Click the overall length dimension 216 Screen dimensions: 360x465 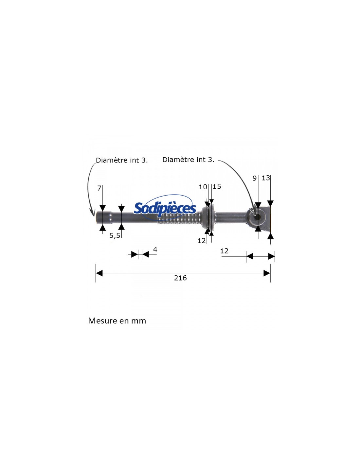[180, 278]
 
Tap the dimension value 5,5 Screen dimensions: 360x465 [115, 235]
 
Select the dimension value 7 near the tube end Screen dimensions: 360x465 [99, 188]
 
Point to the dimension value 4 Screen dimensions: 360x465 [155, 250]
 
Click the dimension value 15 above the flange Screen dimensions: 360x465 [217, 187]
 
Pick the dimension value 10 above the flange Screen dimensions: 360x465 [203, 187]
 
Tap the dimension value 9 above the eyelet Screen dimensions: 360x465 [255, 178]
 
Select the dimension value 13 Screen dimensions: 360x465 [266, 178]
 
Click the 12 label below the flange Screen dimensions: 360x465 [202, 241]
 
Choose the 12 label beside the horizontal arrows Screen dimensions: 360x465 [224, 251]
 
